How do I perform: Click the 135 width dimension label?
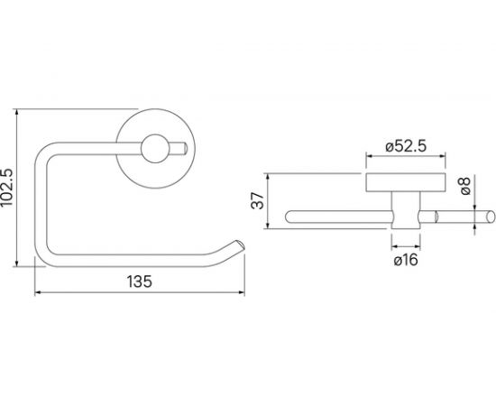coord(140,281)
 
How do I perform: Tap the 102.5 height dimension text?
coord(6,188)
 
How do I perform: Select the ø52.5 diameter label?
coord(406,146)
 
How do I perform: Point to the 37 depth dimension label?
coord(258,200)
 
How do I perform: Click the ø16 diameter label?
coord(406,260)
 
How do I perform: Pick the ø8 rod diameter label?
coord(465,186)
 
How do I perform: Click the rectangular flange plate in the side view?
coord(406,182)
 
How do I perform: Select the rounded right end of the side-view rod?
coord(491,217)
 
